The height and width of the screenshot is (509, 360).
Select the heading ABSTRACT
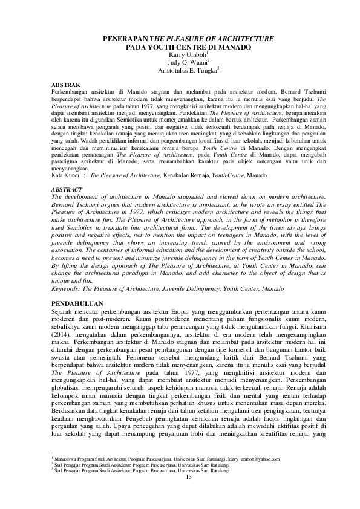(x=67, y=189)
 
